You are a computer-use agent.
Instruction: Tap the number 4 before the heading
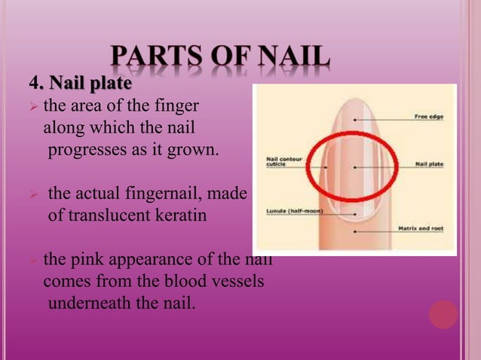coord(33,81)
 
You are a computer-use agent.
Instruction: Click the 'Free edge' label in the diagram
coord(427,117)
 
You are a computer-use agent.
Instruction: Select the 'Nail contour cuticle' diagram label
coord(283,163)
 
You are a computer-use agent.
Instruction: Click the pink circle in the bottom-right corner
coord(443,314)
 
